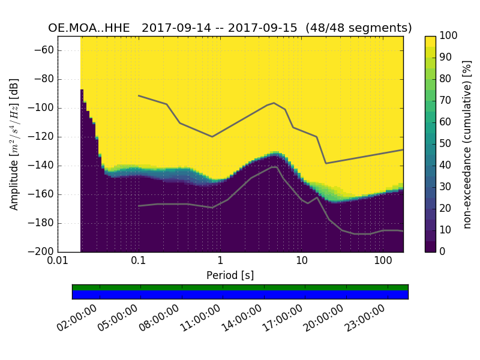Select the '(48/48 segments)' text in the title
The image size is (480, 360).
[x=359, y=28]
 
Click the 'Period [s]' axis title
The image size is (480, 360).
[x=230, y=275]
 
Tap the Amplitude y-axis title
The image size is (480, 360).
[x=14, y=144]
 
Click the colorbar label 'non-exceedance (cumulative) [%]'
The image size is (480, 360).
[x=468, y=144]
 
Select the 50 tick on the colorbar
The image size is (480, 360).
[x=446, y=143]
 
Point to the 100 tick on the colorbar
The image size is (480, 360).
[x=448, y=36]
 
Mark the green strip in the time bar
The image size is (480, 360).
[x=240, y=287]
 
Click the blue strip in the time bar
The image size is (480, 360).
[x=240, y=294]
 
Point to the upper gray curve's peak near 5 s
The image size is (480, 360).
[x=274, y=103]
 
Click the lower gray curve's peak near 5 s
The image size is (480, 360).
[x=275, y=167]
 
